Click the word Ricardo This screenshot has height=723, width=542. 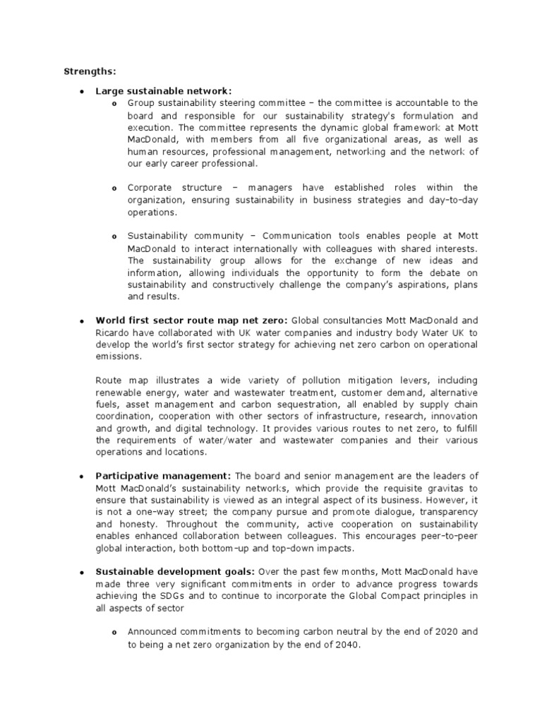(x=112, y=332)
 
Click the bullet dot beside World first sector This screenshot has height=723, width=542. (x=82, y=320)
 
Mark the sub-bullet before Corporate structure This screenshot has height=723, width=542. (x=114, y=189)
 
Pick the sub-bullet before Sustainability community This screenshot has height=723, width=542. (x=114, y=236)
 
